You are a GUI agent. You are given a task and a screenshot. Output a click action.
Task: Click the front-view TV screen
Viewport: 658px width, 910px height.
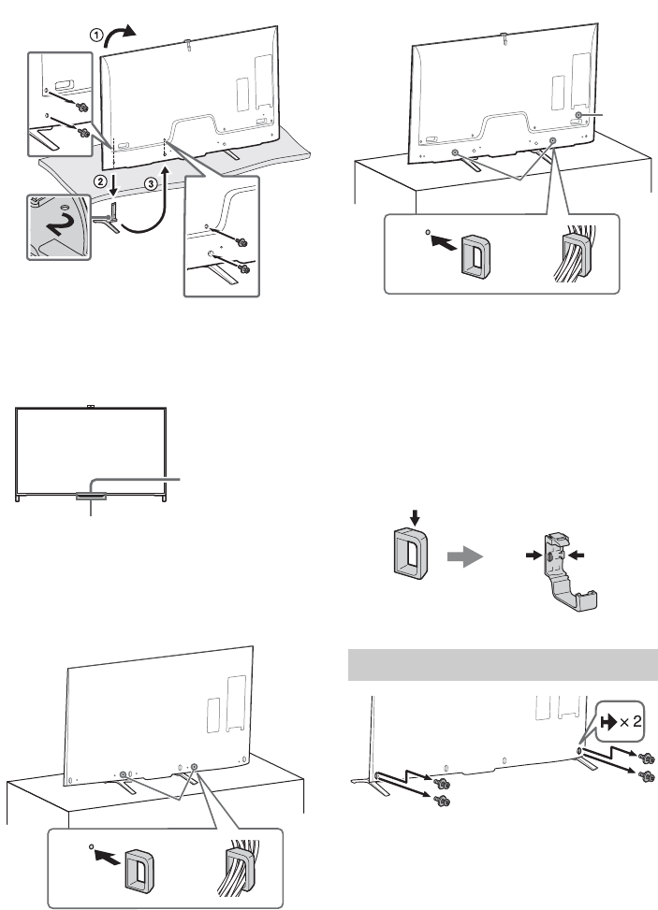92,449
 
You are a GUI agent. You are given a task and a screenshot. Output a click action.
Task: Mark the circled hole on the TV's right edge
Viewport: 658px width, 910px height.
578,114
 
